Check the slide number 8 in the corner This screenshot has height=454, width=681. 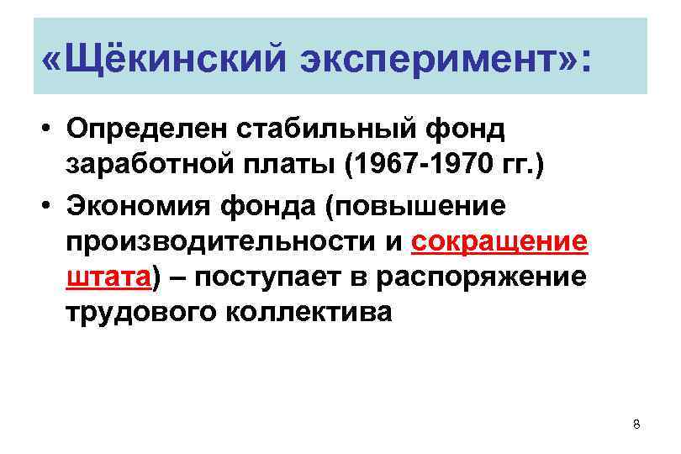(636, 425)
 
